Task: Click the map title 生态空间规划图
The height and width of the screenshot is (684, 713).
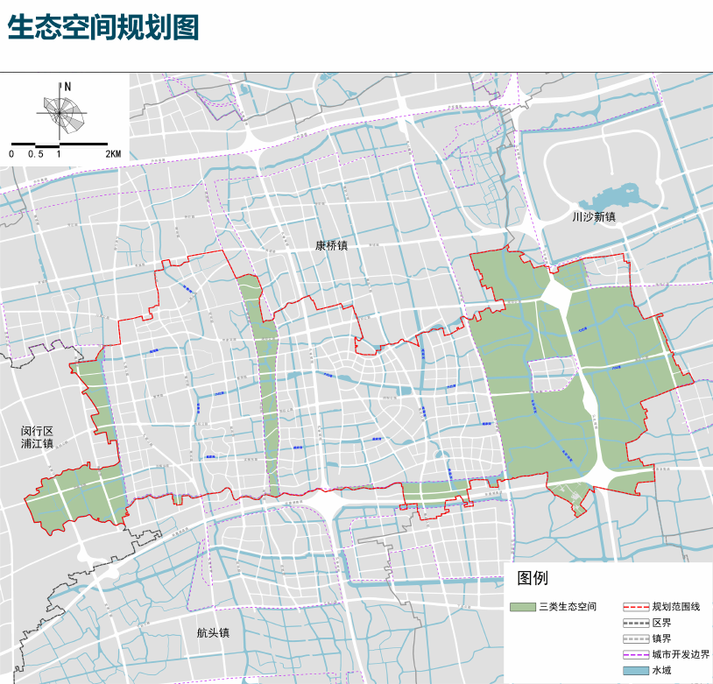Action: tap(104, 28)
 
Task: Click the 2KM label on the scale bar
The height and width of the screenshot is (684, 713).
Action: tap(113, 154)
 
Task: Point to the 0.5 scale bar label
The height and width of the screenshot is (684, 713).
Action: tap(36, 154)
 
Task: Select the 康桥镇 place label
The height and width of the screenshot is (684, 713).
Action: tap(332, 246)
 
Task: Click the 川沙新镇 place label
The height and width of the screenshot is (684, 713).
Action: tap(594, 217)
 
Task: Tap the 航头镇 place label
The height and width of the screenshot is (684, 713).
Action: tap(213, 632)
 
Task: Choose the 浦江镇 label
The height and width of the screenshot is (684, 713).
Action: tap(38, 444)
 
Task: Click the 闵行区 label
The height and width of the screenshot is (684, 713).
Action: tap(38, 431)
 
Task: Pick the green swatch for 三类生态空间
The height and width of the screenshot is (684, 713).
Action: tap(522, 606)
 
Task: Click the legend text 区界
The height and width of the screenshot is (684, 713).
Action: tap(662, 623)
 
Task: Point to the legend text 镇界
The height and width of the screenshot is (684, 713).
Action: tap(662, 638)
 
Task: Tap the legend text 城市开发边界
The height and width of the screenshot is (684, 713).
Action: tap(681, 654)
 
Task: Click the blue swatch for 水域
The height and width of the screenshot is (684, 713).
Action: tap(635, 670)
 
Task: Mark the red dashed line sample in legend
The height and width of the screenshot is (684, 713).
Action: tap(635, 606)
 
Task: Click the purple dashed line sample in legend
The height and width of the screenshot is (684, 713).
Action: tap(635, 654)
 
